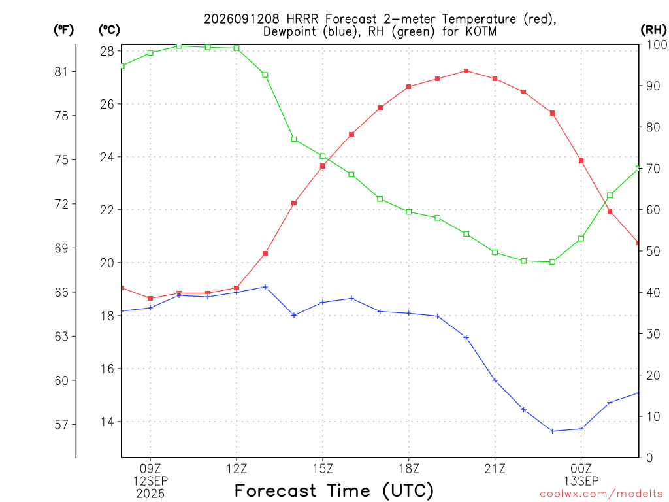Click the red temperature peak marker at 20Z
[x=466, y=71]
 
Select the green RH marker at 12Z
[x=237, y=48]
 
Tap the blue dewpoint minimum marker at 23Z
[x=552, y=431]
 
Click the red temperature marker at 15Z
[x=323, y=166]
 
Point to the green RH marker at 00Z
[x=581, y=239]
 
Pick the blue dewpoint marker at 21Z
[x=495, y=380]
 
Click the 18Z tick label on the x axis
[x=409, y=469]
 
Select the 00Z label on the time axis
[x=581, y=469]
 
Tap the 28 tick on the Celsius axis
[x=108, y=51]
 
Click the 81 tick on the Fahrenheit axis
[x=61, y=72]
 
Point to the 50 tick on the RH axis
[x=653, y=252]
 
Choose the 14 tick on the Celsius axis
[x=108, y=422]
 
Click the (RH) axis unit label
[x=653, y=30]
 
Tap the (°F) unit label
[x=63, y=30]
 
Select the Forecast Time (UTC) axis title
[x=334, y=490]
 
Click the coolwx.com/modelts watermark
[x=601, y=494]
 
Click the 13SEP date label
[x=581, y=481]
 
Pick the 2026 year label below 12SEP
[x=150, y=494]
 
